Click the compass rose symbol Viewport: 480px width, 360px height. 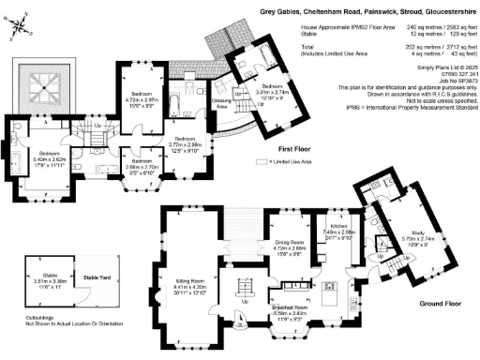20,28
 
